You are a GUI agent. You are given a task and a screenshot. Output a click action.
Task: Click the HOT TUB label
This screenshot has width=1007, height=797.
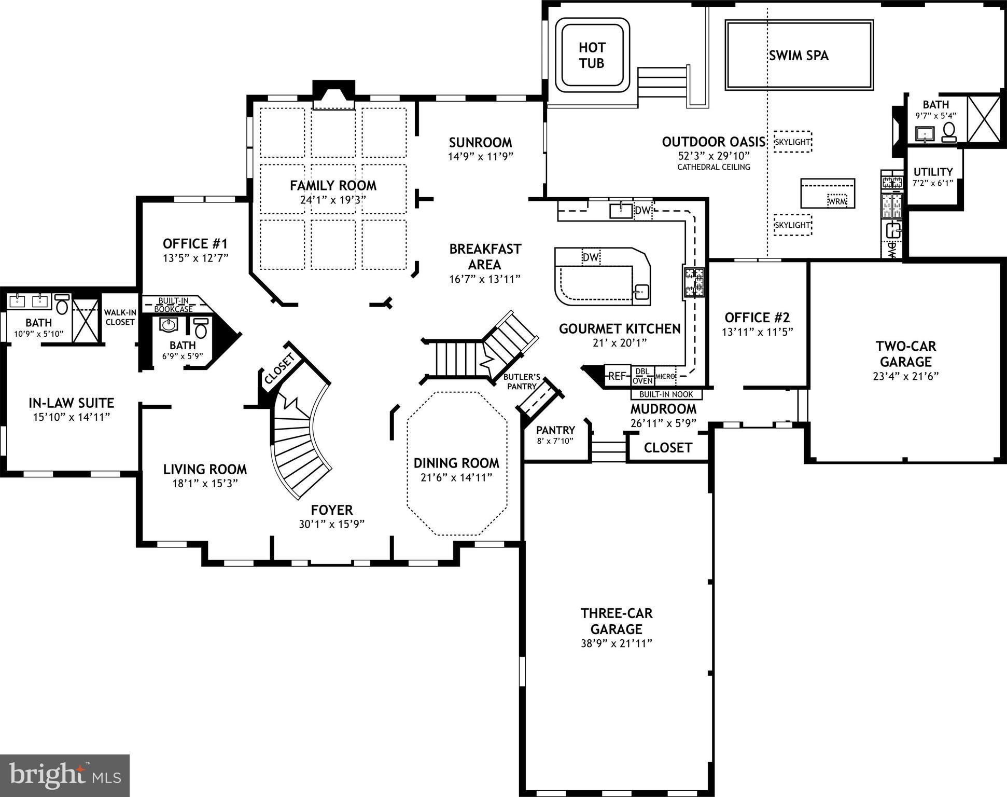(592, 56)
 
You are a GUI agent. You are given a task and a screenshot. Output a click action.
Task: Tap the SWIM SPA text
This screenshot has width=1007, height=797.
(799, 56)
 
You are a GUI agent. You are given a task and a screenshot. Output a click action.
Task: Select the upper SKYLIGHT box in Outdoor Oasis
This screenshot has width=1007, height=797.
(792, 142)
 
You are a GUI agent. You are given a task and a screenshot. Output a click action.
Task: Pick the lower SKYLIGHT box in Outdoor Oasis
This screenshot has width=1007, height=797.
(792, 225)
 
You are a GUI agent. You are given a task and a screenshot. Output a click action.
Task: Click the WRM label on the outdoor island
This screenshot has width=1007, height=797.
(837, 201)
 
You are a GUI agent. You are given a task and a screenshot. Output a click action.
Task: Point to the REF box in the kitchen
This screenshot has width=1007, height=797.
(617, 376)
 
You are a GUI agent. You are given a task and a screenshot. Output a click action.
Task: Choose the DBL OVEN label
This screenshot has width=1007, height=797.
(642, 377)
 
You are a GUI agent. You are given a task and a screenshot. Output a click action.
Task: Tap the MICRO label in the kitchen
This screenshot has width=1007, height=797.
(665, 376)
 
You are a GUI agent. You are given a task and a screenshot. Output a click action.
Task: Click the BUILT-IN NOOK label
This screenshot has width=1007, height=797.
(666, 394)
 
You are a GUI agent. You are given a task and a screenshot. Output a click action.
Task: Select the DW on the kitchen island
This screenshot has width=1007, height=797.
(591, 257)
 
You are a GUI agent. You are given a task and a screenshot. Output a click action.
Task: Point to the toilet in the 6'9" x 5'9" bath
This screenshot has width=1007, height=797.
(201, 329)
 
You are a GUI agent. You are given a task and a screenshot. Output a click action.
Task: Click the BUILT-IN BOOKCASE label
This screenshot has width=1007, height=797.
(173, 305)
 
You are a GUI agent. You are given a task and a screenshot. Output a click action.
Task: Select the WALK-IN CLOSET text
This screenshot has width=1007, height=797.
(120, 317)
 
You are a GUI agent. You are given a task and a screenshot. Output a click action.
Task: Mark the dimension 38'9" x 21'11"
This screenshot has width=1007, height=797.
(616, 643)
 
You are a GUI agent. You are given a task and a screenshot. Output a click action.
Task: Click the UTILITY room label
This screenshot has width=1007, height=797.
(933, 172)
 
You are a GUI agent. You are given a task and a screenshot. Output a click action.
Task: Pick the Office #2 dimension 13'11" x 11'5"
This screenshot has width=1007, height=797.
(757, 332)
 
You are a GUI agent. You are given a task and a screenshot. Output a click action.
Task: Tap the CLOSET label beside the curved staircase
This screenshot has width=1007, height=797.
(279, 369)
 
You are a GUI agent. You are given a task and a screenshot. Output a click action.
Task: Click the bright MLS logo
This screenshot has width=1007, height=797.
(65, 776)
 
